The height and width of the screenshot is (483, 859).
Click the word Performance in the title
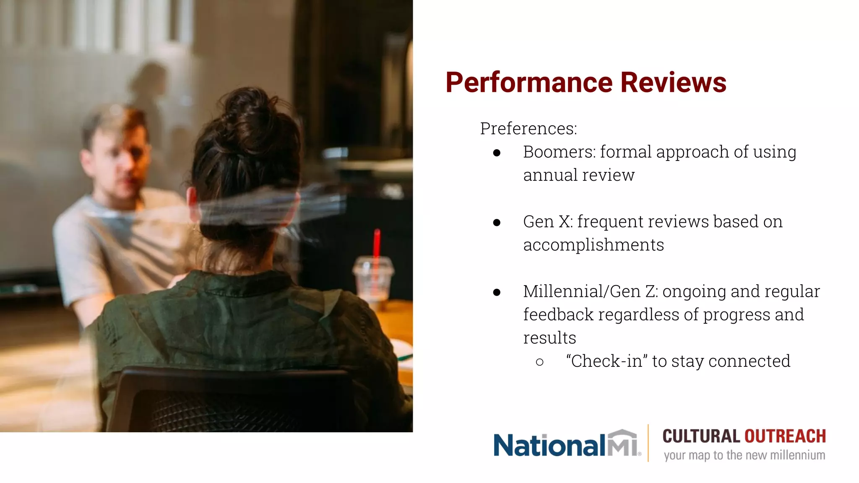(529, 83)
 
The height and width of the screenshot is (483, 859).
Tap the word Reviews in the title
(673, 83)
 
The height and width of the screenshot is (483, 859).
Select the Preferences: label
(528, 129)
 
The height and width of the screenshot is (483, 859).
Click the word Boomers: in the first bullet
(559, 152)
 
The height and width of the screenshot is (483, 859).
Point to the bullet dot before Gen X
(497, 222)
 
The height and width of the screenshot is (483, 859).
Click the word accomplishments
(593, 245)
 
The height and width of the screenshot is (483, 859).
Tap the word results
(549, 338)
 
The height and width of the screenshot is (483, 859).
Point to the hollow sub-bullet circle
(540, 362)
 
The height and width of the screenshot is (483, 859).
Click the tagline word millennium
(798, 455)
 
